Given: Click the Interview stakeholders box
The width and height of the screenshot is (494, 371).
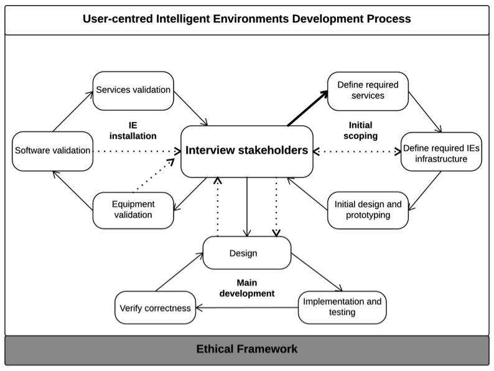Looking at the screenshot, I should (x=246, y=151).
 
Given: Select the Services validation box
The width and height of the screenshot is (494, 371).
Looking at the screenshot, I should (x=133, y=90).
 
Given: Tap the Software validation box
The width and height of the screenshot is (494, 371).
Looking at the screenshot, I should (x=53, y=150).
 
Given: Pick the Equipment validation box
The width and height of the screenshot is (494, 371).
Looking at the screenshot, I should (x=133, y=210).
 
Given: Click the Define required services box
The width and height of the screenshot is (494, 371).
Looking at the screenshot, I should (x=368, y=90).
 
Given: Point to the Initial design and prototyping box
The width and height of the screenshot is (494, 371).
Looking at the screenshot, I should (x=368, y=210).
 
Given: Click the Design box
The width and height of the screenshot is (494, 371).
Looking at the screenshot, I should (x=247, y=253).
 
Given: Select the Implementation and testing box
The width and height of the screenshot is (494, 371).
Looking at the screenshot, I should (x=342, y=306).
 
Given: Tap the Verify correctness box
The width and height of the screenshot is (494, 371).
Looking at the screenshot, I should (x=156, y=308).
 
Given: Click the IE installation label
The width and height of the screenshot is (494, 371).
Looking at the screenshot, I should (x=133, y=130).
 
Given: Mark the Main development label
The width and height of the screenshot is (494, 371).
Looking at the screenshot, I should (x=246, y=288).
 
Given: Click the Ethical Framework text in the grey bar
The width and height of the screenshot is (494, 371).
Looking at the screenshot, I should (x=247, y=349).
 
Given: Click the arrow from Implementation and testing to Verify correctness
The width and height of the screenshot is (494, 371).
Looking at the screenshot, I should (x=247, y=308).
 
